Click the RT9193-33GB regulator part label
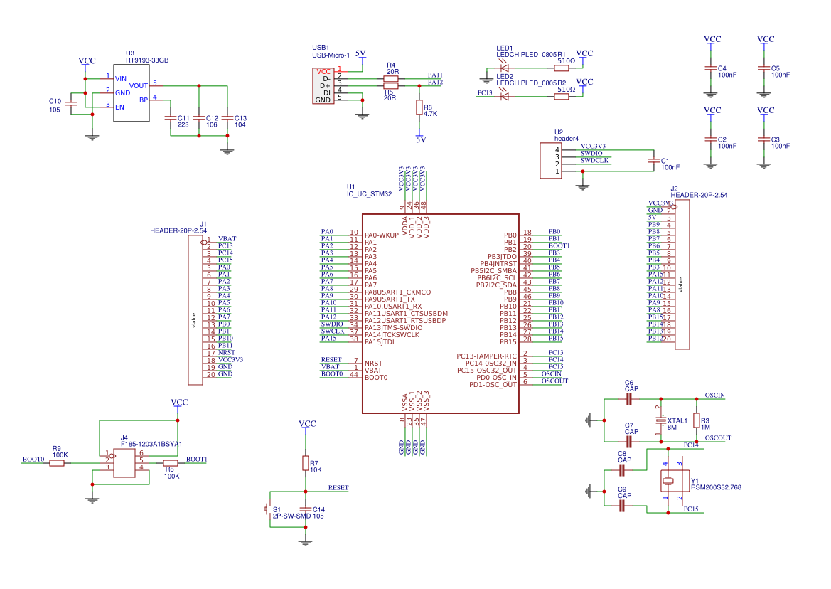pyautogui.click(x=146, y=60)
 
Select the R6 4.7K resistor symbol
pyautogui.click(x=419, y=107)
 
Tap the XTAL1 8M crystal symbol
pyautogui.click(x=660, y=420)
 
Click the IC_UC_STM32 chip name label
pyautogui.click(x=369, y=193)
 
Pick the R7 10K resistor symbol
pyautogui.click(x=306, y=464)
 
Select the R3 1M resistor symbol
pyautogui.click(x=697, y=420)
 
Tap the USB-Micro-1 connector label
pyautogui.click(x=331, y=55)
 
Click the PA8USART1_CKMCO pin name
pyautogui.click(x=397, y=292)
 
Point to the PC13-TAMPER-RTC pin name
pyautogui.click(x=486, y=355)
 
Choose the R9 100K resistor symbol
pyautogui.click(x=57, y=462)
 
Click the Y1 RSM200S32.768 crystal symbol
pyautogui.click(x=668, y=482)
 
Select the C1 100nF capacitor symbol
pyautogui.click(x=653, y=161)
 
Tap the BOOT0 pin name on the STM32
pyautogui.click(x=376, y=377)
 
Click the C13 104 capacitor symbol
pyautogui.click(x=227, y=117)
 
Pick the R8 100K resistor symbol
pyautogui.click(x=171, y=462)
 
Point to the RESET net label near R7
pyautogui.click(x=338, y=488)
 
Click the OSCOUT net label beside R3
pyautogui.click(x=717, y=438)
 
